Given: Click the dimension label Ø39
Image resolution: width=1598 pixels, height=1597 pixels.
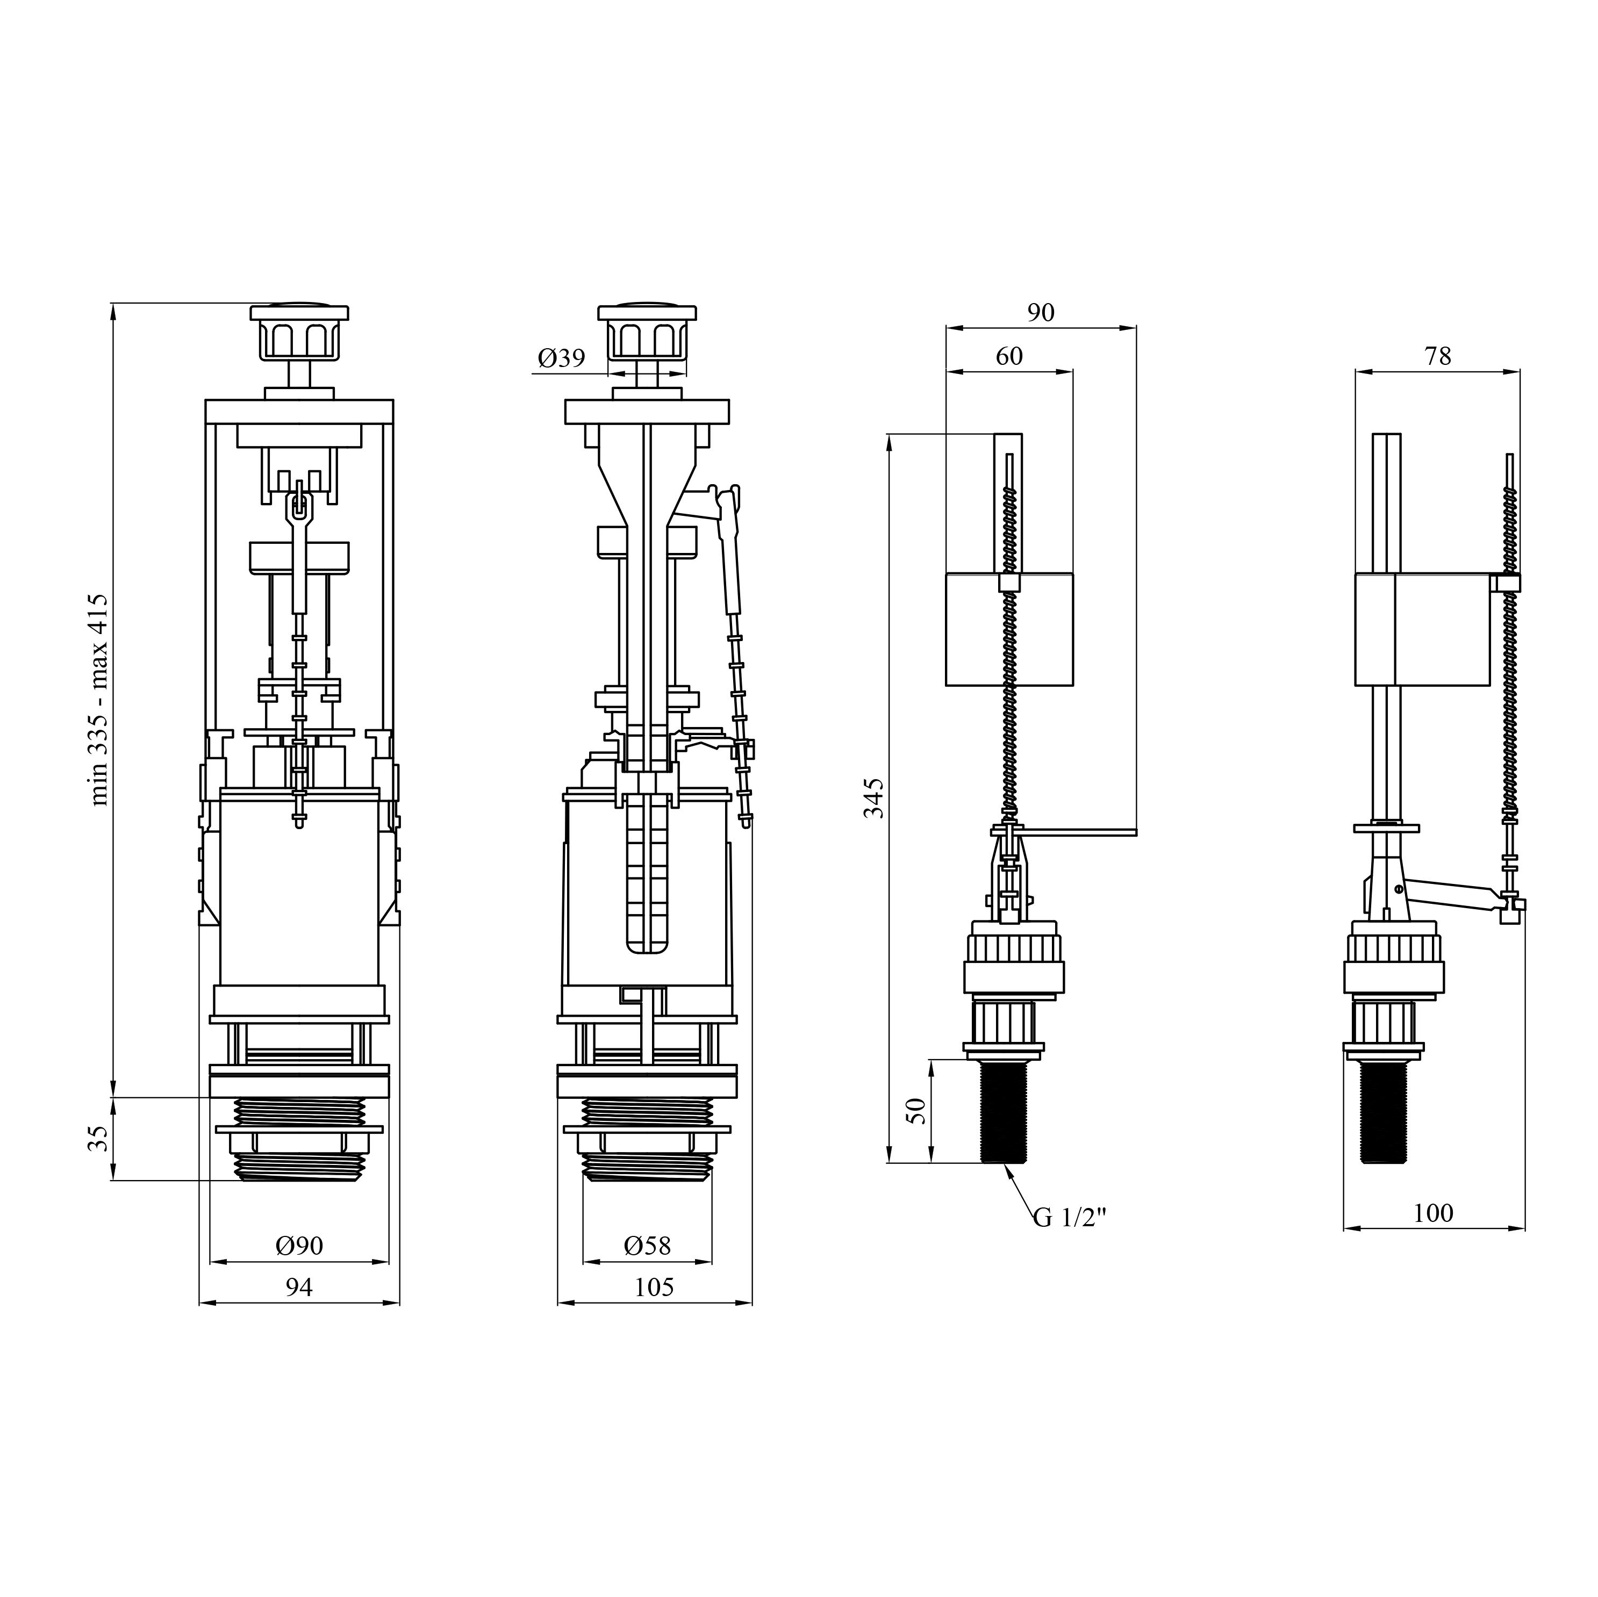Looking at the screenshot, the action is pos(562,358).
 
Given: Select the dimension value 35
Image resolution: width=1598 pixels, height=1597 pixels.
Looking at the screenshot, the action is pos(98,1139).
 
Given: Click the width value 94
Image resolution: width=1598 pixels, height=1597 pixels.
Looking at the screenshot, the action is pos(299,1287).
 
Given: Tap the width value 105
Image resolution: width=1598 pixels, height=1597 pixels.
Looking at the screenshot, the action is pos(654,1287).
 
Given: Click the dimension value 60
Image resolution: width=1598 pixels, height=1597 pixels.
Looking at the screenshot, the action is pos(1009,356).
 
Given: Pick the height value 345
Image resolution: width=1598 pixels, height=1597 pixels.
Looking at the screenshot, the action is pos(873,797).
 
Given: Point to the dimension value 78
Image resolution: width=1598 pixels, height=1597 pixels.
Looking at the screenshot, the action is pos(1437,356).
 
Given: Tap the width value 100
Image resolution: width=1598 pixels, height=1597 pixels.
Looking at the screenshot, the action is pos(1432,1213).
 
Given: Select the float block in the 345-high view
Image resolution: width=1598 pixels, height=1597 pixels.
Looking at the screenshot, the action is pos(1009,629).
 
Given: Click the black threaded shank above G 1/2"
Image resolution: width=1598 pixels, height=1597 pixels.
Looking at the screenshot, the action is pos(1004,1112).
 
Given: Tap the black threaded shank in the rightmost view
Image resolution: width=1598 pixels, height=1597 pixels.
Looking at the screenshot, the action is pos(1383,1112).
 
